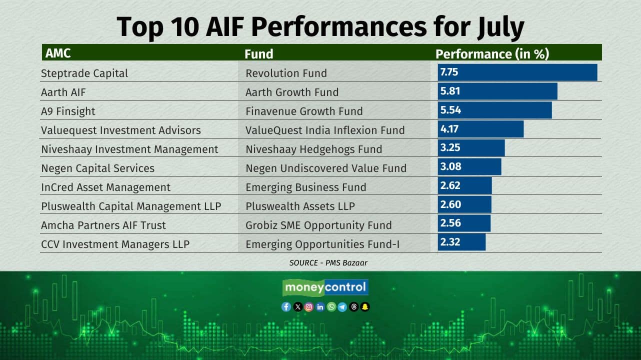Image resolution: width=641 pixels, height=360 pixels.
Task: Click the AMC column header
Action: [x=58, y=53]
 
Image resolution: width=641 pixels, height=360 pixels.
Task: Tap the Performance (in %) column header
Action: [x=492, y=54]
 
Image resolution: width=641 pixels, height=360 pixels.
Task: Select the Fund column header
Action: [x=258, y=54]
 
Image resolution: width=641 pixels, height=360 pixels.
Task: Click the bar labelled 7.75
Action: [x=517, y=72]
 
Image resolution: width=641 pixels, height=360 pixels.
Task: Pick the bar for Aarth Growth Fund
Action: [x=497, y=91]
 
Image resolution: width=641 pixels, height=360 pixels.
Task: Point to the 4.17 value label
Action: [x=449, y=129]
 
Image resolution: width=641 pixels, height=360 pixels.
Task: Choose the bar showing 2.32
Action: [x=461, y=242]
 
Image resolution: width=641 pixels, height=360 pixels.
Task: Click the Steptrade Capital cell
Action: [x=84, y=73]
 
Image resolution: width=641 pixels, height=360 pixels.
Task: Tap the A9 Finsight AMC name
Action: [x=68, y=111]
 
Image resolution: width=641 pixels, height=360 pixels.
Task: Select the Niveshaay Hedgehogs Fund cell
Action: [x=313, y=149]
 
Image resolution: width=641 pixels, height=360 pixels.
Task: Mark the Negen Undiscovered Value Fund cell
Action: [x=326, y=168]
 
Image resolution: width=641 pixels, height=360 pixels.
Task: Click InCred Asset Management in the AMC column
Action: [x=106, y=187]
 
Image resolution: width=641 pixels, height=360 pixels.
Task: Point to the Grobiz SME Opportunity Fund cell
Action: [x=318, y=225]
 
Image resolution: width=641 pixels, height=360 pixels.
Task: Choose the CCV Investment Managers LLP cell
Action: [x=115, y=244]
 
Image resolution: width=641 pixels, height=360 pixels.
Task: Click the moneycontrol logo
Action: [x=325, y=287]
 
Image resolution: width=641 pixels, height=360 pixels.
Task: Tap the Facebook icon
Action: [x=286, y=307]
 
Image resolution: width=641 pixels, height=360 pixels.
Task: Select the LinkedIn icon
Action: [x=320, y=307]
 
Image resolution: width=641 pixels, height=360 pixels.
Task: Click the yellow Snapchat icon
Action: [x=365, y=307]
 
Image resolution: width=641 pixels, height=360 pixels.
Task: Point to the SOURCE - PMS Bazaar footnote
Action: [x=328, y=262]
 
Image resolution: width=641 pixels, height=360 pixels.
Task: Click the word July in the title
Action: [x=501, y=27]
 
